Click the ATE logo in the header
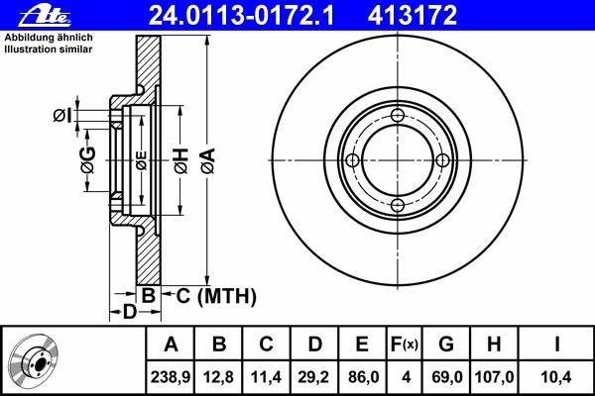pos(45,16)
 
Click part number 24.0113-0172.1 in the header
pos(241,16)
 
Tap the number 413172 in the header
pos(413,16)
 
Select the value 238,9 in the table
pos(171,377)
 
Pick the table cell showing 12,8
pos(218,377)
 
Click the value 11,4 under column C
pos(266,377)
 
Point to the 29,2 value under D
pos(314,377)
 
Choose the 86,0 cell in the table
pos(363,377)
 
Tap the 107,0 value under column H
pos(494,377)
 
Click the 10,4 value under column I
pos(555,377)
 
